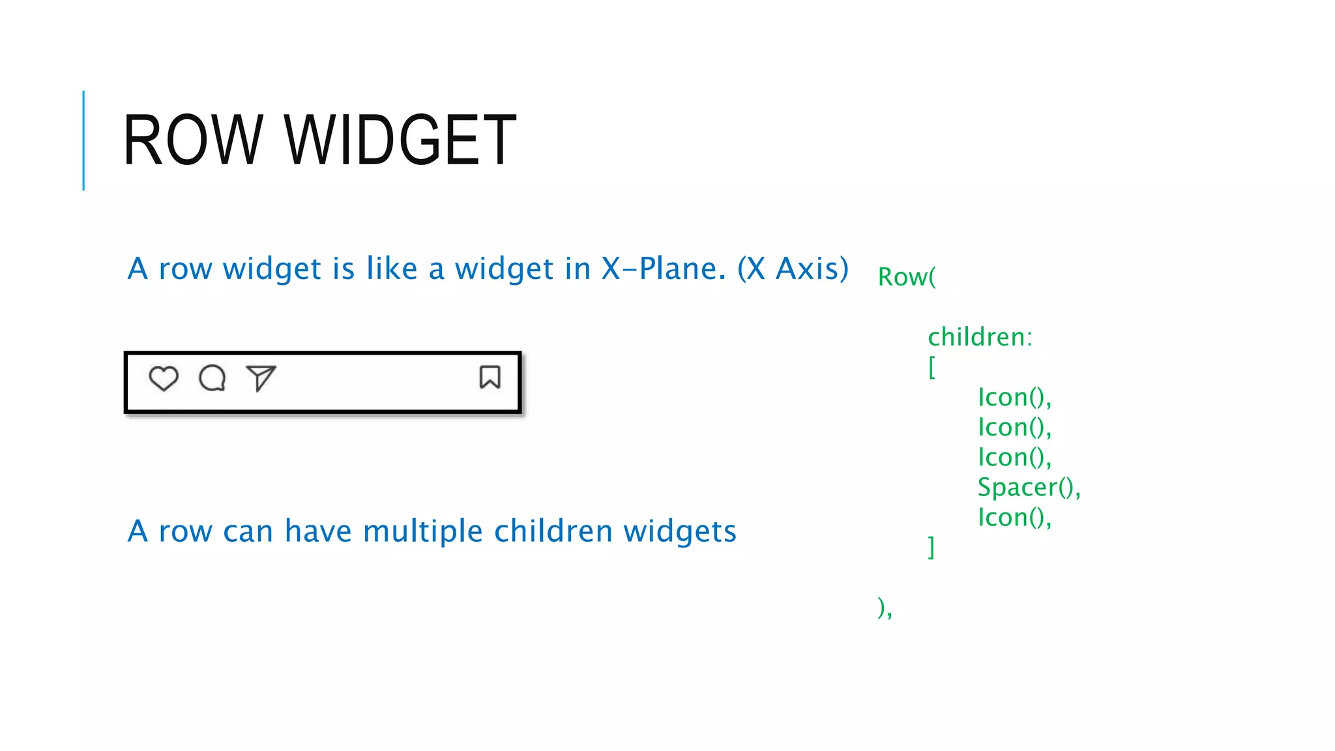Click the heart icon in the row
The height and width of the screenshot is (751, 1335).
coord(163,378)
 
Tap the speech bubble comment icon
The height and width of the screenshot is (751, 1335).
coord(213,378)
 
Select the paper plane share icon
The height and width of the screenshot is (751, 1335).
coord(261,377)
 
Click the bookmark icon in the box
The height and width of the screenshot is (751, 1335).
coord(490,377)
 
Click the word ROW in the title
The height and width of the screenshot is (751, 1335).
coord(193,140)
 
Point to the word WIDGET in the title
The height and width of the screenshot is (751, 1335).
coord(400,140)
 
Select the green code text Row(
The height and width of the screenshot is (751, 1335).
coord(907,277)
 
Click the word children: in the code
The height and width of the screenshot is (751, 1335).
coord(980,337)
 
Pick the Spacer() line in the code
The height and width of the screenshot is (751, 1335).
coord(1029,487)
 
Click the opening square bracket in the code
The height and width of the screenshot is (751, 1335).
coord(932,367)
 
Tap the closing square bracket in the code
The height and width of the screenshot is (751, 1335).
coord(932,547)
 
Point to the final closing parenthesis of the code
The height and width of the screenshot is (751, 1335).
coord(882,607)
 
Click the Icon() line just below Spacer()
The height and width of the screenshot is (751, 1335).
coord(1014,517)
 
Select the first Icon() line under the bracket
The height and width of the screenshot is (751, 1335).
coord(1014,397)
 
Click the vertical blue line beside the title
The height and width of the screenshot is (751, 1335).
coord(83,140)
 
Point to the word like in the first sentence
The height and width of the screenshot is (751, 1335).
coord(392,269)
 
